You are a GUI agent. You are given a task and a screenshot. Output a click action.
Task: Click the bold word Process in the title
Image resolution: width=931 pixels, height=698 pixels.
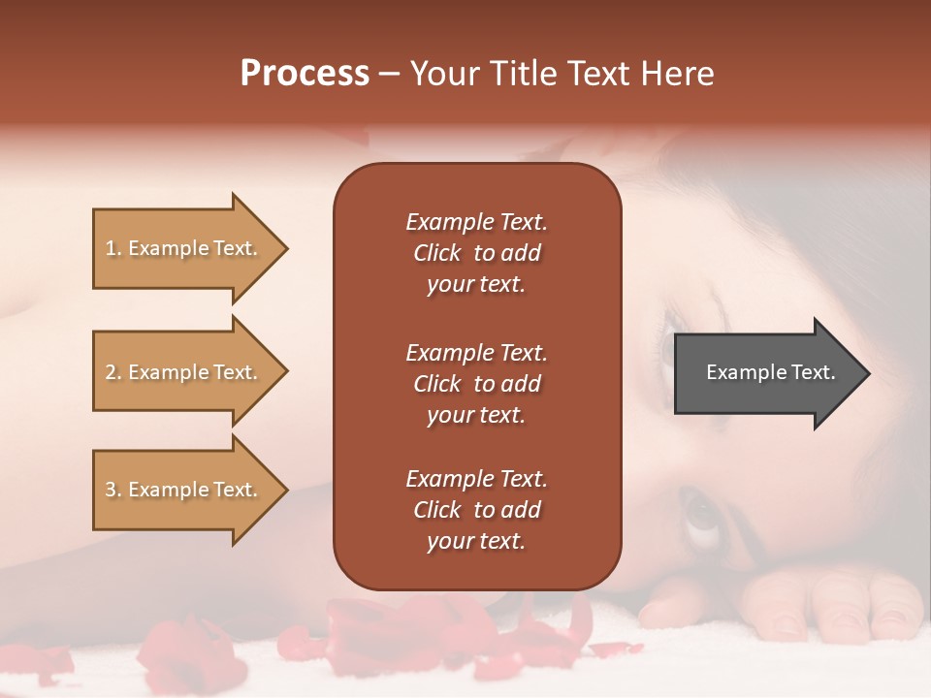(x=305, y=74)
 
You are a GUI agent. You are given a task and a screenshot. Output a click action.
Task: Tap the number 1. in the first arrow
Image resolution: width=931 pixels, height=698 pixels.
(x=113, y=248)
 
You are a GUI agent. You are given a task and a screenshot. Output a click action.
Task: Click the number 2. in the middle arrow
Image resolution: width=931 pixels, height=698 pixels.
(x=113, y=372)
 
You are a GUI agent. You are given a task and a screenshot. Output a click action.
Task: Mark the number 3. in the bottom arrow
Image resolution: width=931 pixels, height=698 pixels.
(x=113, y=490)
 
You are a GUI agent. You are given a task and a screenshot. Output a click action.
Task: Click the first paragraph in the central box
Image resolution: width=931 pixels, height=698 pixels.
(x=476, y=253)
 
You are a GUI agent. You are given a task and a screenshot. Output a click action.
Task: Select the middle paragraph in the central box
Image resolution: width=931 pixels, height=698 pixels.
(x=476, y=384)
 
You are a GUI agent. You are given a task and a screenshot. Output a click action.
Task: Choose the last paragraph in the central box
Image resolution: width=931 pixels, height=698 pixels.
(x=476, y=510)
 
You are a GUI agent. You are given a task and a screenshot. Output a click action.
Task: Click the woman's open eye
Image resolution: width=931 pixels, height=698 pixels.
(x=701, y=511)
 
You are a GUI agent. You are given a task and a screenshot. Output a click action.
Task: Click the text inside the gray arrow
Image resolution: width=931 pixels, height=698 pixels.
(x=770, y=372)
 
